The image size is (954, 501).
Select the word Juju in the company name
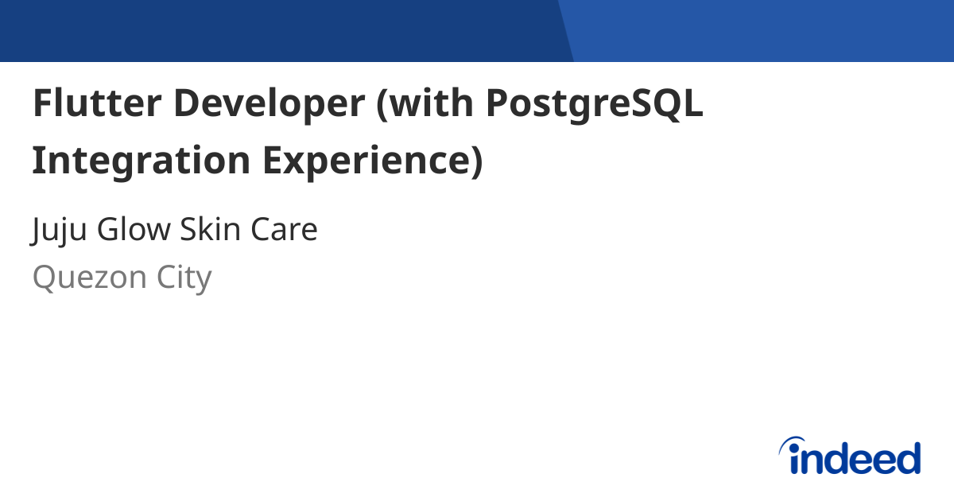[x=60, y=231]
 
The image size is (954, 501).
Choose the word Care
[x=285, y=230]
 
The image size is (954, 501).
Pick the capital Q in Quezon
[x=44, y=278]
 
